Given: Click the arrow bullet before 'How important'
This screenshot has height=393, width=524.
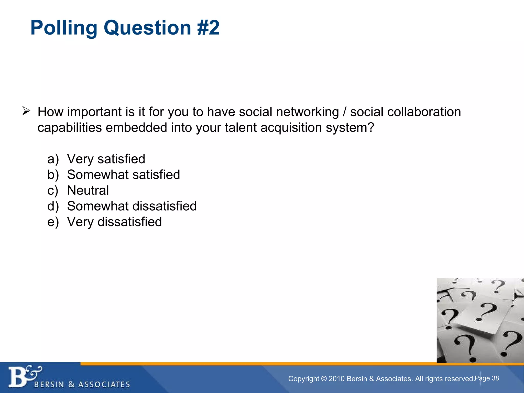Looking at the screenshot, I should [x=26, y=111].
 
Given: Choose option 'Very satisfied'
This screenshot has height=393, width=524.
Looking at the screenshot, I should [x=106, y=159].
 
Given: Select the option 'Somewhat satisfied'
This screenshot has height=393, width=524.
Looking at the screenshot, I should [x=123, y=175].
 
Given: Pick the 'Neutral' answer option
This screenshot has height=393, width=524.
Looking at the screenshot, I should [x=88, y=190].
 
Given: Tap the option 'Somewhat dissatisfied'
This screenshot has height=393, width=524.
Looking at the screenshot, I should [x=132, y=206].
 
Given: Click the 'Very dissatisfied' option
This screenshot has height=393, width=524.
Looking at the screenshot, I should [x=114, y=222].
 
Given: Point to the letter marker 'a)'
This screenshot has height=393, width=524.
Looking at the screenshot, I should [x=53, y=159].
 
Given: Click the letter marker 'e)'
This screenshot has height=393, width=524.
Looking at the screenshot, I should [x=53, y=222].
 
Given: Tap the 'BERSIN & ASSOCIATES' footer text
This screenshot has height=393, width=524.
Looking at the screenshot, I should [x=82, y=384].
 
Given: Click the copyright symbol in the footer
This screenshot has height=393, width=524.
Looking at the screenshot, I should [x=324, y=379].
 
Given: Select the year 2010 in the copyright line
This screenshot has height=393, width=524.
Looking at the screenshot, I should [x=337, y=379].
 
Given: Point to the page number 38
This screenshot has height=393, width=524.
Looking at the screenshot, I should [x=495, y=378].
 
